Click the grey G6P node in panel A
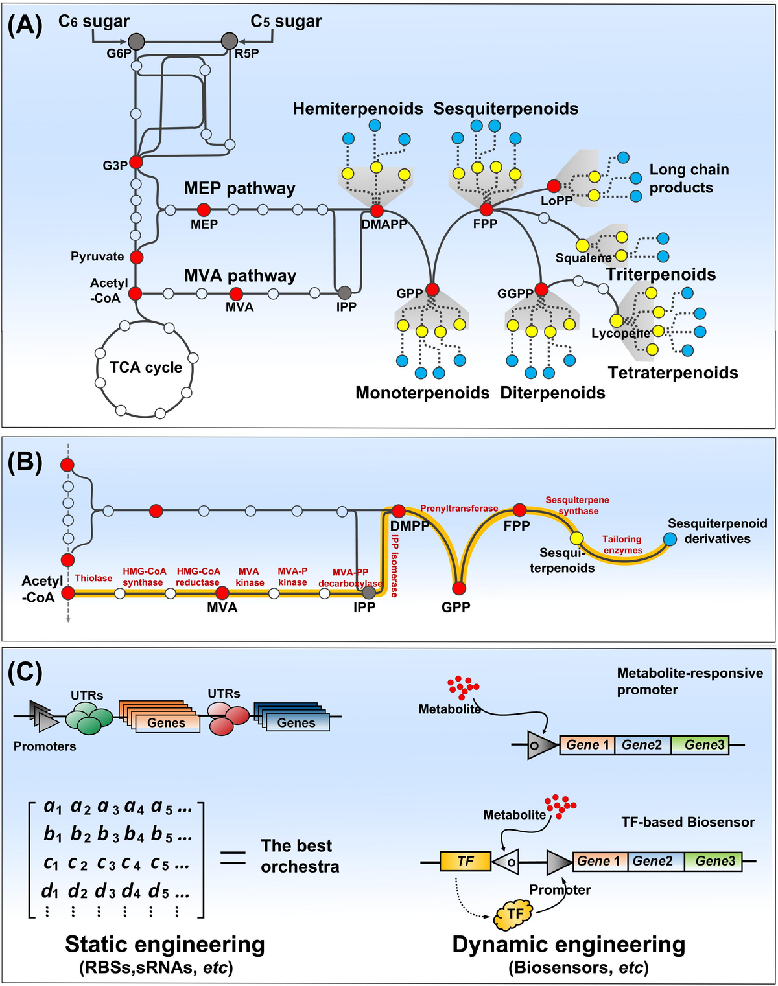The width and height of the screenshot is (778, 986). coord(136,41)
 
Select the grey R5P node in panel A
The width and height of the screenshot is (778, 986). coord(230,41)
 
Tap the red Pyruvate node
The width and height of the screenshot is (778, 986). coord(136,257)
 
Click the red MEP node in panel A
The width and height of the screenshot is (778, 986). coord(204,210)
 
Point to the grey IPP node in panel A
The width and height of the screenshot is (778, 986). coord(345,293)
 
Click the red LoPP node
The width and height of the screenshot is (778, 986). coord(554,187)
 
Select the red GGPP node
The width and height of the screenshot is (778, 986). coord(541,290)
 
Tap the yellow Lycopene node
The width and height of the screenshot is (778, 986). coord(616,321)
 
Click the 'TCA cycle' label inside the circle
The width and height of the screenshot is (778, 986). coord(146,367)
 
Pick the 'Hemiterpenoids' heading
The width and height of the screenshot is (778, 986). coord(357,108)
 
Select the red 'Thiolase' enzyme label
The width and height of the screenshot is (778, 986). coord(93,578)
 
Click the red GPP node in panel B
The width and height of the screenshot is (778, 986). coord(459,588)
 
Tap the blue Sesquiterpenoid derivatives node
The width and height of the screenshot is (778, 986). coord(670,539)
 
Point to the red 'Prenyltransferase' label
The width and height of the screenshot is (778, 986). coord(459,509)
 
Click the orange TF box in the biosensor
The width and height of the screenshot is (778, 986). coord(465,861)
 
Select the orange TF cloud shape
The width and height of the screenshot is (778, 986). coord(514,913)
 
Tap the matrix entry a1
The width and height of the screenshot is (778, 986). coord(53,807)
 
